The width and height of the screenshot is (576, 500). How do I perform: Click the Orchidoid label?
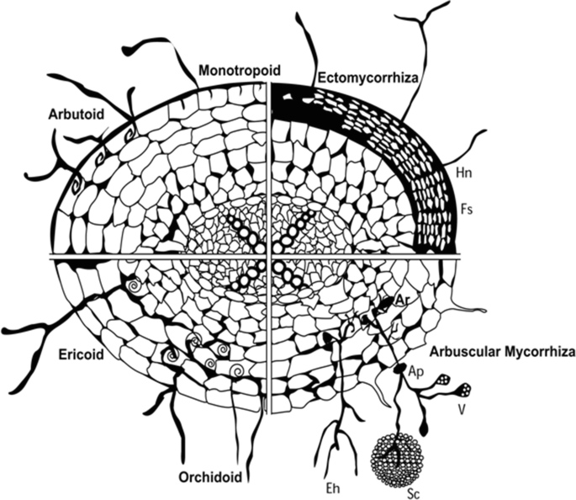click(x=211, y=477)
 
